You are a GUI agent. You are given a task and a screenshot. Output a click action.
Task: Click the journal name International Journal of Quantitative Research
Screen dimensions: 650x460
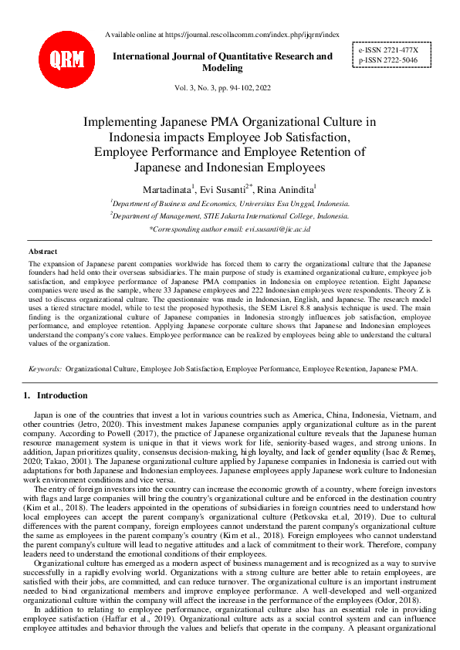point(222,56)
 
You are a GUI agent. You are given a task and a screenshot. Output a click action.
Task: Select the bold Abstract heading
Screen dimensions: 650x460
point(43,252)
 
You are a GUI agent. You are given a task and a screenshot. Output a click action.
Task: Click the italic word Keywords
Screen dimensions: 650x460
point(45,369)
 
